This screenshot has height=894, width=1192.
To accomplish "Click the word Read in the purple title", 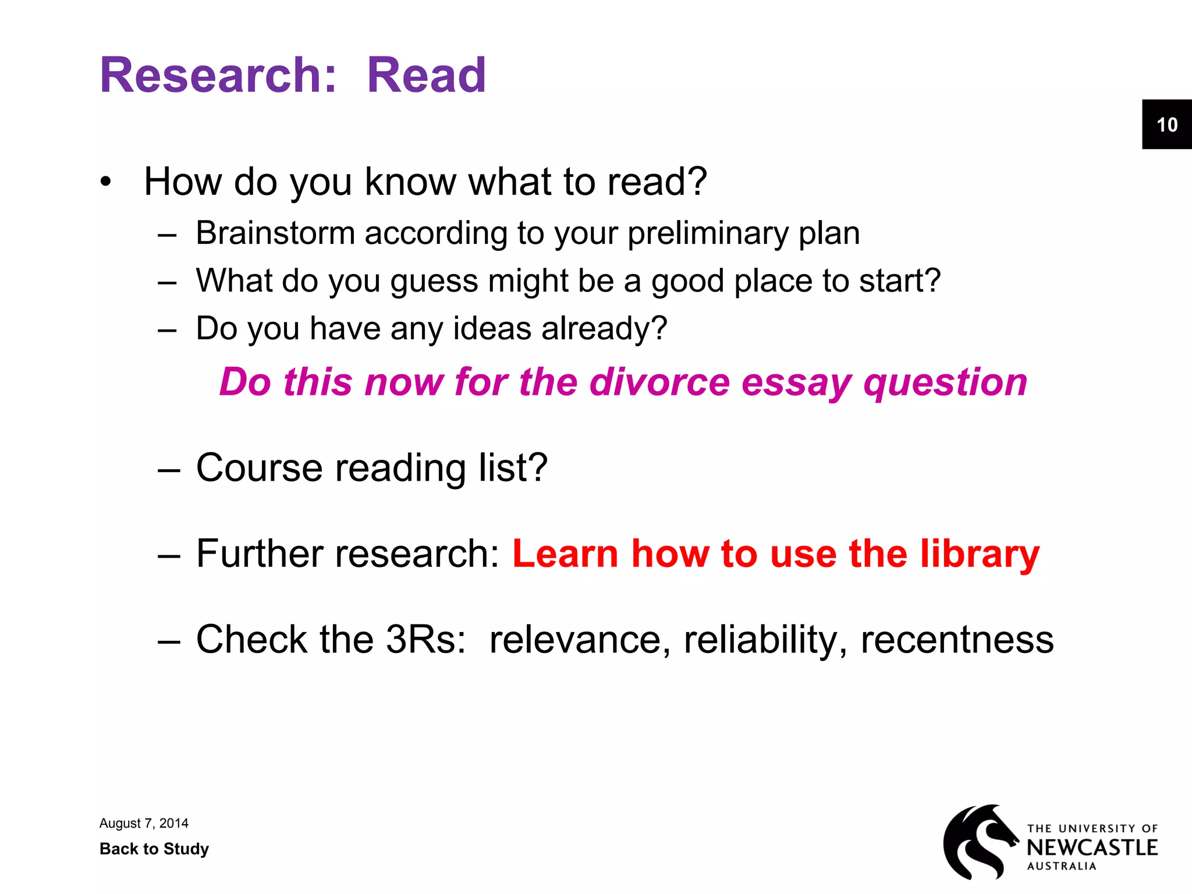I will pyautogui.click(x=426, y=75).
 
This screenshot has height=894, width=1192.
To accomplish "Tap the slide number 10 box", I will pyautogui.click(x=1166, y=125).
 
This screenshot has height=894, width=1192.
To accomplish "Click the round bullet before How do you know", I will pyautogui.click(x=105, y=182).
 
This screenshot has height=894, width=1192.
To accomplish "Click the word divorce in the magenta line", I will pyautogui.click(x=659, y=382).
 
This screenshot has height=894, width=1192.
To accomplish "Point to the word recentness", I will pyautogui.click(x=957, y=640).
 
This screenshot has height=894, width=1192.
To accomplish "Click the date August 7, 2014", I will pyautogui.click(x=144, y=823).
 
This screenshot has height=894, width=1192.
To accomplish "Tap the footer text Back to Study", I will pyautogui.click(x=154, y=849).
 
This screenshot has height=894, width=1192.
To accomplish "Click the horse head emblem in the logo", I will pyautogui.click(x=979, y=842).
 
